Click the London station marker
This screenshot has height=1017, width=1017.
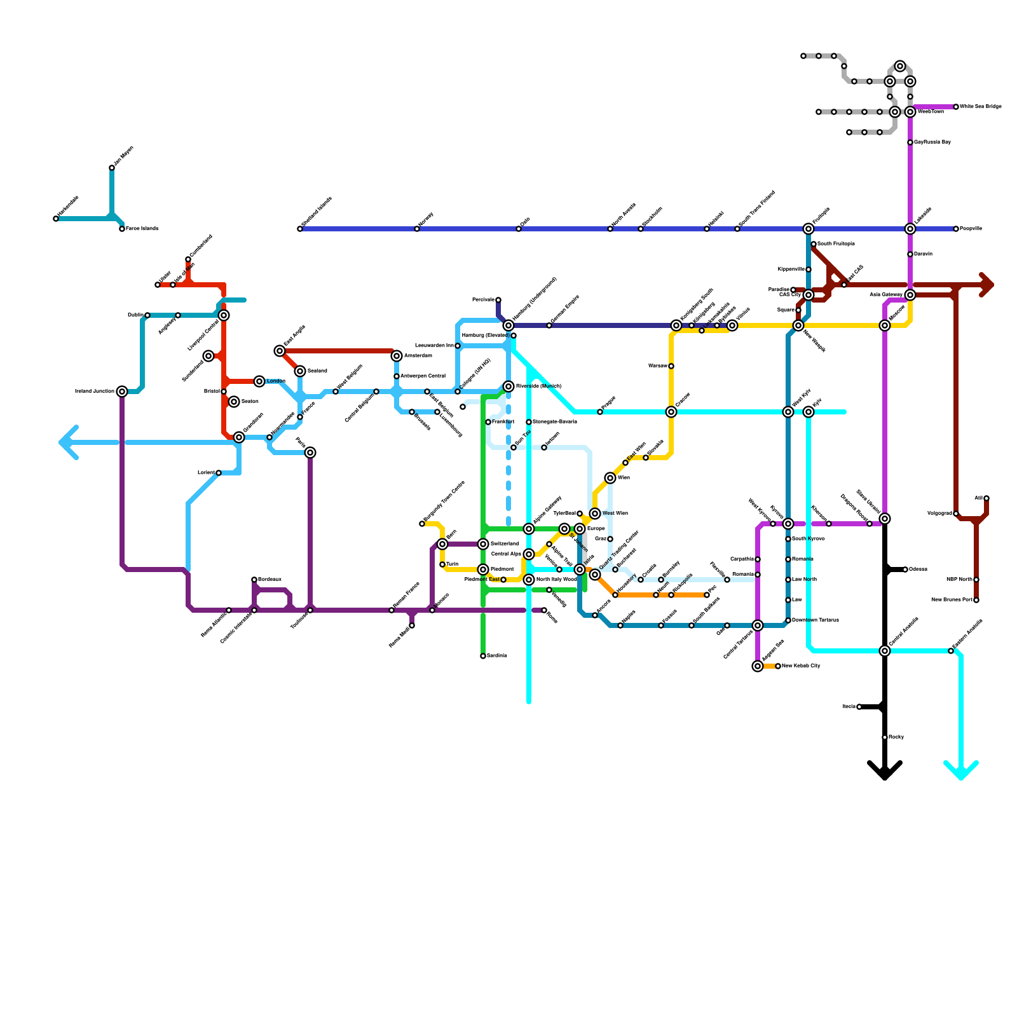click(x=259, y=381)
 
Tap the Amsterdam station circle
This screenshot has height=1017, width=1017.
click(x=397, y=356)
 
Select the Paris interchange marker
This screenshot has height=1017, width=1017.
click(x=310, y=453)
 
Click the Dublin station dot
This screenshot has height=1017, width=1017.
click(x=147, y=315)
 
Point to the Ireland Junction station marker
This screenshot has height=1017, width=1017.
click(x=122, y=392)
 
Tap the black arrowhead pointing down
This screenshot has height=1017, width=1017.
click(x=885, y=772)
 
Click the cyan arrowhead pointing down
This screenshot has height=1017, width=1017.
click(x=961, y=772)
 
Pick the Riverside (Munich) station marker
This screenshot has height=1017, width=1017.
click(x=508, y=386)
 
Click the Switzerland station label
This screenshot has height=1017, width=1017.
click(x=505, y=544)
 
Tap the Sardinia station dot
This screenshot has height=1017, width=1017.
click(x=483, y=656)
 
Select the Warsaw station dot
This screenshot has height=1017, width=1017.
click(x=671, y=366)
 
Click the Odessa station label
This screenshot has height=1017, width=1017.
click(x=918, y=570)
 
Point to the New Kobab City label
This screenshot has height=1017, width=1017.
click(x=802, y=666)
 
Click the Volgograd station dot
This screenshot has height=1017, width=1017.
click(x=956, y=514)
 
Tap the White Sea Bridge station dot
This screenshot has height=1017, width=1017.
click(x=956, y=107)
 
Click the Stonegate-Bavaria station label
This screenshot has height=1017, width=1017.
click(x=555, y=422)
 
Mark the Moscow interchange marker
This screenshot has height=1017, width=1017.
click(x=885, y=325)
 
